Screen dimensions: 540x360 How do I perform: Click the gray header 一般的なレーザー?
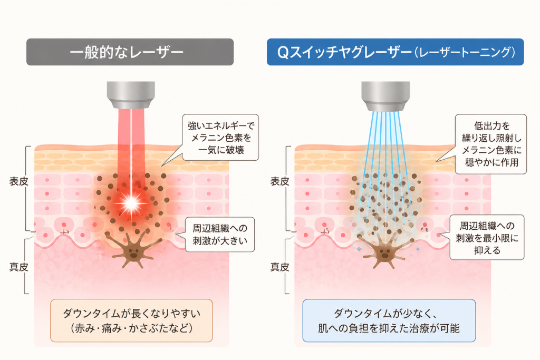(x=130, y=52)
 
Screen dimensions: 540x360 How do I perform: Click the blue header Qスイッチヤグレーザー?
(x=395, y=52)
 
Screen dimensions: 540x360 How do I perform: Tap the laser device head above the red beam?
(x=131, y=95)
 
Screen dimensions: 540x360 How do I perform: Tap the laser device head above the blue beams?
(x=385, y=96)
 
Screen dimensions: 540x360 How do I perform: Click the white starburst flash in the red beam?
(x=131, y=203)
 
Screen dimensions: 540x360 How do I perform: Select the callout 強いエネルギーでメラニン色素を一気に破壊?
(x=220, y=138)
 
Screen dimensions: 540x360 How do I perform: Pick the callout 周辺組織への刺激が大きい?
(x=220, y=235)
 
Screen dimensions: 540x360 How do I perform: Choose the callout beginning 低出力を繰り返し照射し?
(x=491, y=144)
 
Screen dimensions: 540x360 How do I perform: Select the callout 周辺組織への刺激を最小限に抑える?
(x=487, y=237)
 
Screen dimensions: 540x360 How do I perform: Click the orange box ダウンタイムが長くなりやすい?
(x=131, y=320)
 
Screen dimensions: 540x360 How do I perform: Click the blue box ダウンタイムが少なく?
(x=389, y=320)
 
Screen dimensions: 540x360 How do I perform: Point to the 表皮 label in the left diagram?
(x=18, y=181)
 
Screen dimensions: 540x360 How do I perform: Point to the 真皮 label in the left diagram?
(x=18, y=267)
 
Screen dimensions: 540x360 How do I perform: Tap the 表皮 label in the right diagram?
(x=279, y=181)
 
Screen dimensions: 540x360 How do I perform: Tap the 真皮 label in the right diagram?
(x=279, y=267)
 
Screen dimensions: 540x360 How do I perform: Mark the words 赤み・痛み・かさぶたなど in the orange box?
(x=131, y=328)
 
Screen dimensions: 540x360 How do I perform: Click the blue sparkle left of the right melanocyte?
(x=359, y=248)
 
